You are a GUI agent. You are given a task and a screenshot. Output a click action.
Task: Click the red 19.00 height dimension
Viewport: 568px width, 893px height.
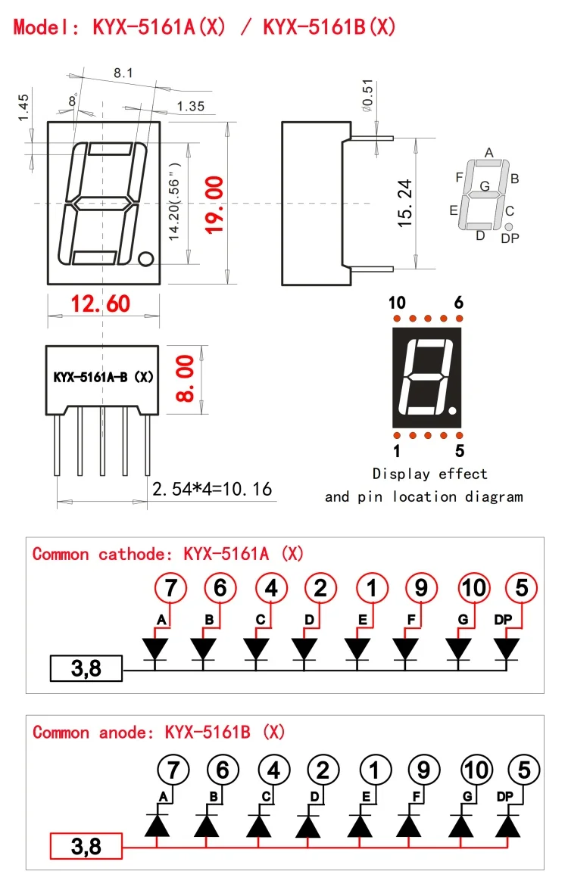coord(214,205)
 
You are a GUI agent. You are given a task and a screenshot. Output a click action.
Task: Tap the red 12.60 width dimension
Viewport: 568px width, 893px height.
coord(101,303)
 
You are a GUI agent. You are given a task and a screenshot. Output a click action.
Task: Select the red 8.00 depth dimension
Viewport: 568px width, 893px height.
coord(186,378)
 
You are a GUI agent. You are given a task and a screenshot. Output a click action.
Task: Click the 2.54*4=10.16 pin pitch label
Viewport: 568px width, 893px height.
coord(212,489)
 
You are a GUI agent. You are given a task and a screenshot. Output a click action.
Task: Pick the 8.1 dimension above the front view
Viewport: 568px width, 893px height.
coord(123,73)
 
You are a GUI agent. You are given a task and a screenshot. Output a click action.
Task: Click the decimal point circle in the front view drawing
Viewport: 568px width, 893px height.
coord(146,259)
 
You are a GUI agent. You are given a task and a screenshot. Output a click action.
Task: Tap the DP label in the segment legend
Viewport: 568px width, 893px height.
coord(510,238)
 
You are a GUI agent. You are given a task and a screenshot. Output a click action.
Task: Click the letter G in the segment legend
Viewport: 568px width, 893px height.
coord(485,186)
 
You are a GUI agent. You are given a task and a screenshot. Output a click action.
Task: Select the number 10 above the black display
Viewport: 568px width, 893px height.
coord(397,303)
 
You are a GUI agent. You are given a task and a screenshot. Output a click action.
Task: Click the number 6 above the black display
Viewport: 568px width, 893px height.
coord(459,303)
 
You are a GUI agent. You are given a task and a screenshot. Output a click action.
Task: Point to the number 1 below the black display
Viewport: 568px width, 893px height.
coord(397,451)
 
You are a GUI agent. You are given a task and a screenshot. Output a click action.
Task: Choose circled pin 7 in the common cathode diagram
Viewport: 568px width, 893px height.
coord(170,588)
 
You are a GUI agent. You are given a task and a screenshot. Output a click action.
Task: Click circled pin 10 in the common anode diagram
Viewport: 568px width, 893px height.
coord(476,770)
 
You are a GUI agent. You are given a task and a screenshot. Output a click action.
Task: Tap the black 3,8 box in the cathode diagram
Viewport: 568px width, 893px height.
coord(86,668)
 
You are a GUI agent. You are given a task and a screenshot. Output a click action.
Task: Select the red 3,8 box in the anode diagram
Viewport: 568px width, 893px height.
coord(86,846)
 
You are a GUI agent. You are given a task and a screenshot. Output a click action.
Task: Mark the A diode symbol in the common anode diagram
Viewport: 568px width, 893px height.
coord(157,825)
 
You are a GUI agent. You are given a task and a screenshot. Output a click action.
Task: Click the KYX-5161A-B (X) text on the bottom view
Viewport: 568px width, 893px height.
coord(103,377)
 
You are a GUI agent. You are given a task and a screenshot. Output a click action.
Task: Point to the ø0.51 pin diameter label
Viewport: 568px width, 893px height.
coord(367,95)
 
